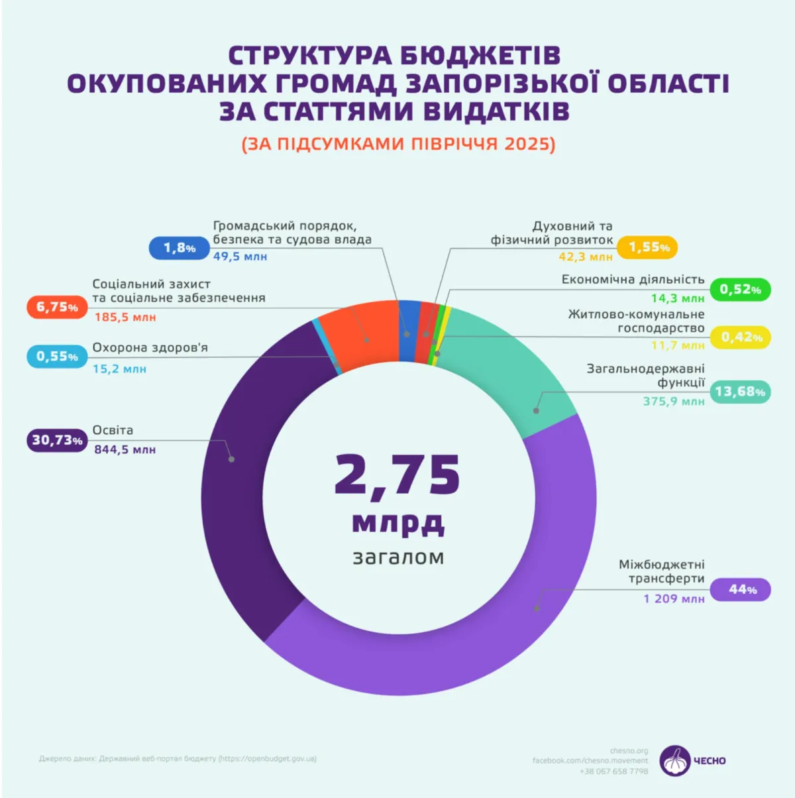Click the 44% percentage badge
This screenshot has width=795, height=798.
click(x=740, y=589)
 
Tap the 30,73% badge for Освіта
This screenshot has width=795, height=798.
click(x=57, y=440)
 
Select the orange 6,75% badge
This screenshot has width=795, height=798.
click(x=57, y=307)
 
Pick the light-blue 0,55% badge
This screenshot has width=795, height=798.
click(x=57, y=357)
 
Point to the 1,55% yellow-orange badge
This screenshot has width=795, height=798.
click(x=647, y=247)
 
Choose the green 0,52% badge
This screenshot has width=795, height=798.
click(x=740, y=290)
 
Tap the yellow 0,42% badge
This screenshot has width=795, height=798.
click(x=740, y=337)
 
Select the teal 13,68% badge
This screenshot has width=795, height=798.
click(x=740, y=392)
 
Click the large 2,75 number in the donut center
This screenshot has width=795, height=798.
click(x=397, y=475)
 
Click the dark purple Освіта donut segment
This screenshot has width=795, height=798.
click(x=245, y=477)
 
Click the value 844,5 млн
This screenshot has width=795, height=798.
click(x=125, y=449)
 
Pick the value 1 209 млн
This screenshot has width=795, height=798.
click(x=674, y=598)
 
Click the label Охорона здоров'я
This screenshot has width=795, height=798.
click(x=150, y=348)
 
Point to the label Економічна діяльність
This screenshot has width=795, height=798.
click(x=633, y=280)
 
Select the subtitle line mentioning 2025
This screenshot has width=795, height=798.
click(x=398, y=144)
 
